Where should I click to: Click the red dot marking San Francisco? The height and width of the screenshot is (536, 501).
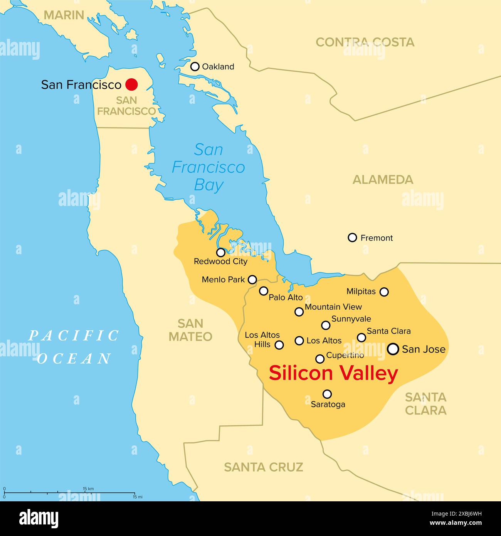point(131,84)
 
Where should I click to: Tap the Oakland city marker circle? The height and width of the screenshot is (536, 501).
point(195,66)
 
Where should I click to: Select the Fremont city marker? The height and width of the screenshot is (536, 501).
point(352,238)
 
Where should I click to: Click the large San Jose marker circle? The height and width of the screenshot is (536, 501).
point(393,349)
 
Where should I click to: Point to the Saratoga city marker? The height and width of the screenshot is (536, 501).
point(327,394)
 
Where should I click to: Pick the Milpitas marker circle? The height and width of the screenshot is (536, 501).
point(384,292)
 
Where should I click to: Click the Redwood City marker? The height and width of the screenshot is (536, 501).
point(220,253)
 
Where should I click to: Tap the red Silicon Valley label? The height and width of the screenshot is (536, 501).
point(333,373)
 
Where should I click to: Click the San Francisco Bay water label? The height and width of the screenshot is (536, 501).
point(208,167)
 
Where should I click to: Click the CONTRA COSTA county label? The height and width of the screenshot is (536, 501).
point(365,42)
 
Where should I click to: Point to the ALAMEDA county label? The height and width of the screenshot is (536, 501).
point(383,179)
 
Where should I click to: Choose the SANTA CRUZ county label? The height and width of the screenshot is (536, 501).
point(263,467)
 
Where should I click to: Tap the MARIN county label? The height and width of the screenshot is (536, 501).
point(64,15)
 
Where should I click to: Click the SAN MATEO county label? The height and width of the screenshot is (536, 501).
point(190,330)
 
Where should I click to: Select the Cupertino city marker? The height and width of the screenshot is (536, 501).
point(320,359)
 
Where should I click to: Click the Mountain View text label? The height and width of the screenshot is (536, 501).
point(333,307)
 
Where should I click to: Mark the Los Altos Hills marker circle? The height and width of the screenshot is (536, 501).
point(279,345)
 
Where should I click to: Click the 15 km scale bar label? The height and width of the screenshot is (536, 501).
point(88,489)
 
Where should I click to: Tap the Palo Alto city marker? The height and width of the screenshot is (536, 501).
point(263,291)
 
